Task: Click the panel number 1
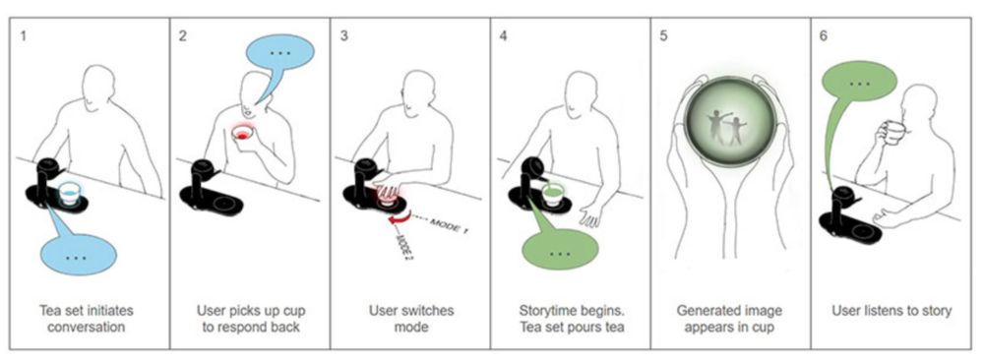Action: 24,35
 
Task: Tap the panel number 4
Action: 503,35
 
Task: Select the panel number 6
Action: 824,35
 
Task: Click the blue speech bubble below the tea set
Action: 77,250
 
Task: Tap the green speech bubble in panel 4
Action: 559,248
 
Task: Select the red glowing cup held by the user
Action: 242,134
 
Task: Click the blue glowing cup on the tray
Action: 69,193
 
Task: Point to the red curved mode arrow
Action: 398,217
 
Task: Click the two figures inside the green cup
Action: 727,127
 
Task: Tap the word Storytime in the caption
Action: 546,311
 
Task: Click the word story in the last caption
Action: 937,311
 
